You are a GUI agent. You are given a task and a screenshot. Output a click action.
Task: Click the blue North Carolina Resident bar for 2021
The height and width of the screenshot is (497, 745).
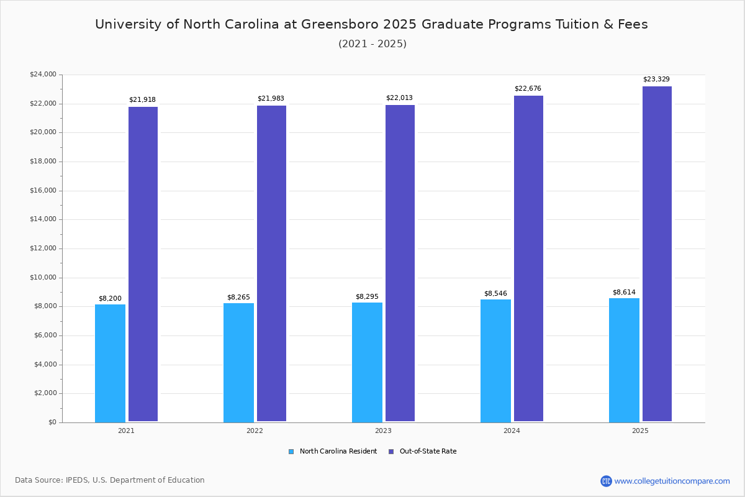click(x=110, y=363)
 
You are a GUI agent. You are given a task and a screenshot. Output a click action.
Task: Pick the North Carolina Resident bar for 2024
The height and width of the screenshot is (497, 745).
click(x=495, y=360)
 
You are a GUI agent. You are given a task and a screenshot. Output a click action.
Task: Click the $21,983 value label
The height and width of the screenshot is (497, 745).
click(x=271, y=99)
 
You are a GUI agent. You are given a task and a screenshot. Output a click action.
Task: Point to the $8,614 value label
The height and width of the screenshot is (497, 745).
click(x=624, y=293)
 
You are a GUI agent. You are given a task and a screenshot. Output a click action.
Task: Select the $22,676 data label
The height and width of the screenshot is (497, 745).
click(x=528, y=89)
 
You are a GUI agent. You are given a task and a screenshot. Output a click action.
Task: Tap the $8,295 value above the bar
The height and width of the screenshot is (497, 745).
click(x=367, y=297)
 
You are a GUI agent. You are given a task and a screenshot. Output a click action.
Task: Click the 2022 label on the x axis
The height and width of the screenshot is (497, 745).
click(x=255, y=431)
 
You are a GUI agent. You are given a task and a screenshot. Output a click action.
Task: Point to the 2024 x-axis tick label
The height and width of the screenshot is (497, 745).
click(x=512, y=431)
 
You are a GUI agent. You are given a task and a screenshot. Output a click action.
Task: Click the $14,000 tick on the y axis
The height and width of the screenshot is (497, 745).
click(x=43, y=219)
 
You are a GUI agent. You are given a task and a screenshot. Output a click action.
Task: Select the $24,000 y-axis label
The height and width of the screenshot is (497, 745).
click(x=43, y=75)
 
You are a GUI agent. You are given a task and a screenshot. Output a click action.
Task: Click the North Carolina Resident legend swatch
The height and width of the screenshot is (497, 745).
click(x=291, y=452)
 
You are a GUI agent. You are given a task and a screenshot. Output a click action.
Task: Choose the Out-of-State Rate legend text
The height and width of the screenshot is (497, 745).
click(x=428, y=452)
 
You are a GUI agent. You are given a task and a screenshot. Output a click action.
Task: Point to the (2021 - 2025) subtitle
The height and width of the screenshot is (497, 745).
click(x=372, y=44)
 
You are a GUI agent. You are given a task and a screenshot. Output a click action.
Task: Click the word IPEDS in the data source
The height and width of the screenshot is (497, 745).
click(x=77, y=480)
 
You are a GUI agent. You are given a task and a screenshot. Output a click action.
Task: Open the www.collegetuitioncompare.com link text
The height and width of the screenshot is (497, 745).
click(x=672, y=481)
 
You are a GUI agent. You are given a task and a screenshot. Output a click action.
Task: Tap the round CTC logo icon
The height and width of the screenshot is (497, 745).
click(x=606, y=481)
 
